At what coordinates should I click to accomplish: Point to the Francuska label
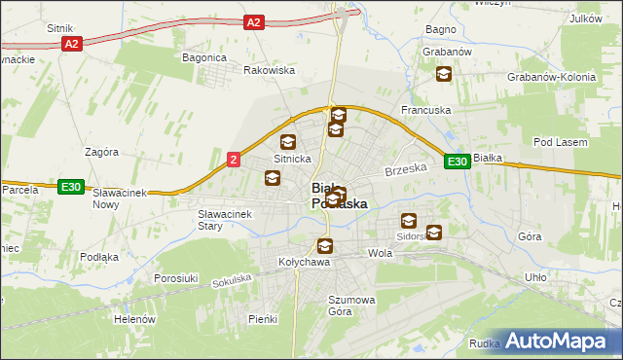pos(427,110)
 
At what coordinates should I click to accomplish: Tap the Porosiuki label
pos(176,278)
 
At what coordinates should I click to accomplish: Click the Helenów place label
pos(134,319)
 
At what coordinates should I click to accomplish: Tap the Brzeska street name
pos(406,169)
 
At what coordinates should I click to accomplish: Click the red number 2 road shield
pos(234,160)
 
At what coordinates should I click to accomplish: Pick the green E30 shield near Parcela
pos(69,187)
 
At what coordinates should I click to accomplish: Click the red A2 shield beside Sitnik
pos(71,44)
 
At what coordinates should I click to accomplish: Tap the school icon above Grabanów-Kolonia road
pos(444,73)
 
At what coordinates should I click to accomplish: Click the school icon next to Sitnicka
pos(288,142)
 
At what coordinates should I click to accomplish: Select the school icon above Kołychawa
pos(324,245)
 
